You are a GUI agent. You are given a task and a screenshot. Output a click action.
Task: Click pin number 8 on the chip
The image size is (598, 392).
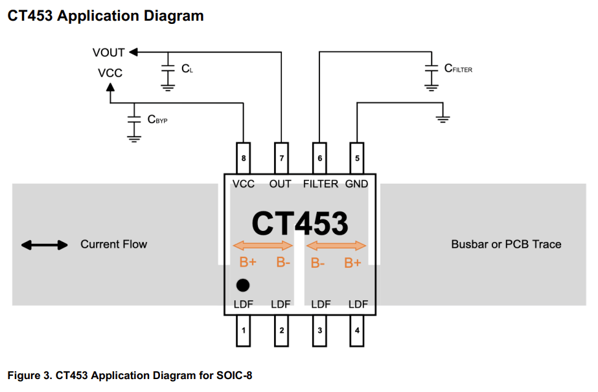pyautogui.click(x=243, y=158)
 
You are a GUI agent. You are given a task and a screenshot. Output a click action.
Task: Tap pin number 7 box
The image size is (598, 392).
pyautogui.click(x=281, y=158)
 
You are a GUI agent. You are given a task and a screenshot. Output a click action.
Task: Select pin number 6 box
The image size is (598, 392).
pyautogui.click(x=318, y=158)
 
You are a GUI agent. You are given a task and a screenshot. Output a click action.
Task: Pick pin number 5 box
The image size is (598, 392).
pyautogui.click(x=356, y=158)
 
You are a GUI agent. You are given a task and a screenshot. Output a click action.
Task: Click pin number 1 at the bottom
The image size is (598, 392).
pyautogui.click(x=243, y=331)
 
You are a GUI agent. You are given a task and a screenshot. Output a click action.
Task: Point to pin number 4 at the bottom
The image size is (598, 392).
pyautogui.click(x=356, y=331)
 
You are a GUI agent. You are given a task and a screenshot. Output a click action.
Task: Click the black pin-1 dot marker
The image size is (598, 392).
pyautogui.click(x=243, y=285)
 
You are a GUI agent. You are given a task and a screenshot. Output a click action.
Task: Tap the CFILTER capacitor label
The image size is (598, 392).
pyautogui.click(x=458, y=68)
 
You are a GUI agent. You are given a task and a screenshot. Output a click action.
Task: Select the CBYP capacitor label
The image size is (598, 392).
pyautogui.click(x=157, y=119)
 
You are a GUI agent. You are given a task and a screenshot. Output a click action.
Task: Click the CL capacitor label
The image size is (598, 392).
pyautogui.click(x=187, y=68)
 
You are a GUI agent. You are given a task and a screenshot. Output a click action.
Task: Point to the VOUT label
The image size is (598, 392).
pyautogui.click(x=108, y=52)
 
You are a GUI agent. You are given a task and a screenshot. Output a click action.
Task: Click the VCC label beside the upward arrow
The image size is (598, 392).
pyautogui.click(x=109, y=73)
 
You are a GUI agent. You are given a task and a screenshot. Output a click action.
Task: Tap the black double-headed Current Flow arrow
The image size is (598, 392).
pyautogui.click(x=44, y=245)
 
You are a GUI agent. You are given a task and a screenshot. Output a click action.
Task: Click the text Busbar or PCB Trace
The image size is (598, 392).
pyautogui.click(x=506, y=244)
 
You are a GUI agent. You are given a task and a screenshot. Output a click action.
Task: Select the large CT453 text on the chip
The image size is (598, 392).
pyautogui.click(x=299, y=223)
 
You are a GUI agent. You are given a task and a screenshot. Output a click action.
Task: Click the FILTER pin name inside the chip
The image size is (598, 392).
pyautogui.click(x=320, y=184)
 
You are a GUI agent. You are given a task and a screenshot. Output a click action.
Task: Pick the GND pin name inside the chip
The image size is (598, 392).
pyautogui.click(x=356, y=184)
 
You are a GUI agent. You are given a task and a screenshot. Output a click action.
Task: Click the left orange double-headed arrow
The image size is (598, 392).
pyautogui.click(x=263, y=245)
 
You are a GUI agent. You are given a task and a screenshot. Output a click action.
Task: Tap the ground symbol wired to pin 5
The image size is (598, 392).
pyautogui.click(x=443, y=118)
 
